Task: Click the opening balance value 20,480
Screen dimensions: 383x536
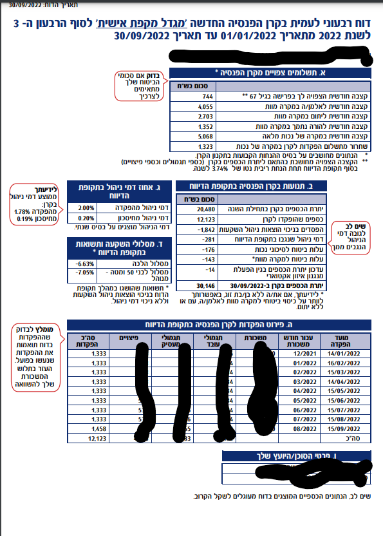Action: click(205, 209)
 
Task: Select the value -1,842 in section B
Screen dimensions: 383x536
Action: click(204, 229)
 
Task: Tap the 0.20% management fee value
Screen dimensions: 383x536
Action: click(86, 218)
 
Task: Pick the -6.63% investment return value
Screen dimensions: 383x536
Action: click(85, 263)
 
